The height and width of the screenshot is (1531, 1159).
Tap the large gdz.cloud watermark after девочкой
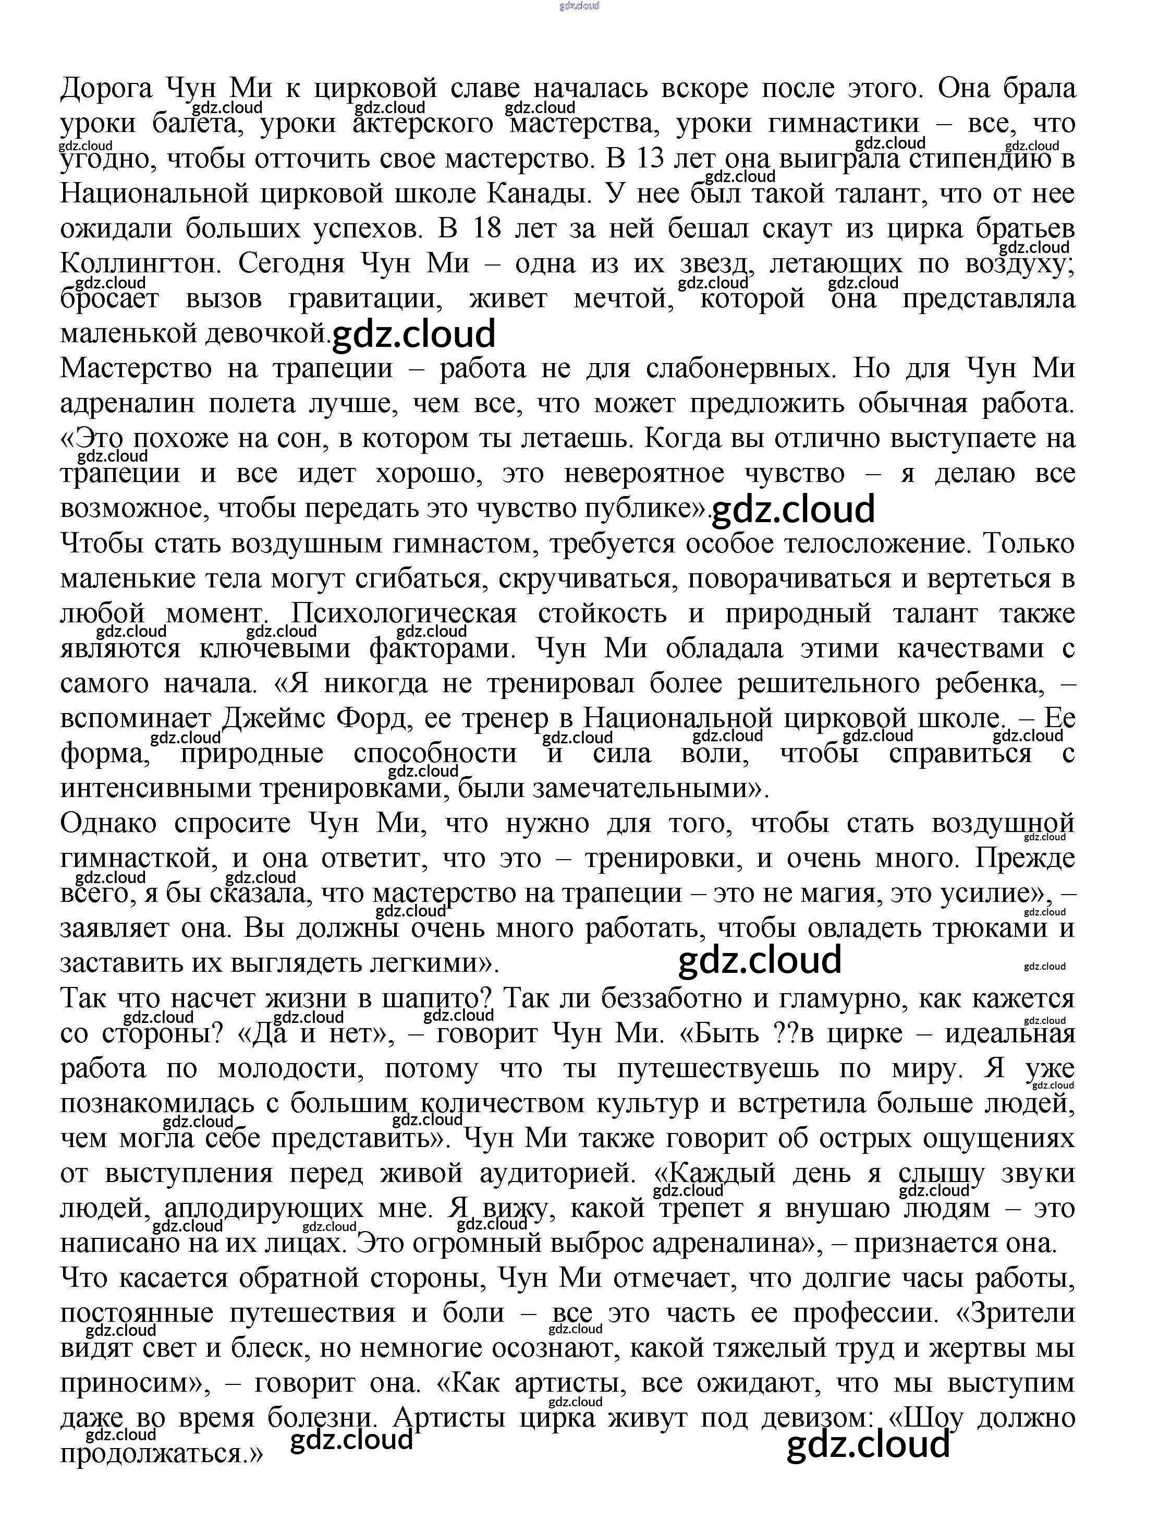click(x=414, y=334)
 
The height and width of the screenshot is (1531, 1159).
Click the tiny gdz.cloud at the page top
click(x=579, y=6)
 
